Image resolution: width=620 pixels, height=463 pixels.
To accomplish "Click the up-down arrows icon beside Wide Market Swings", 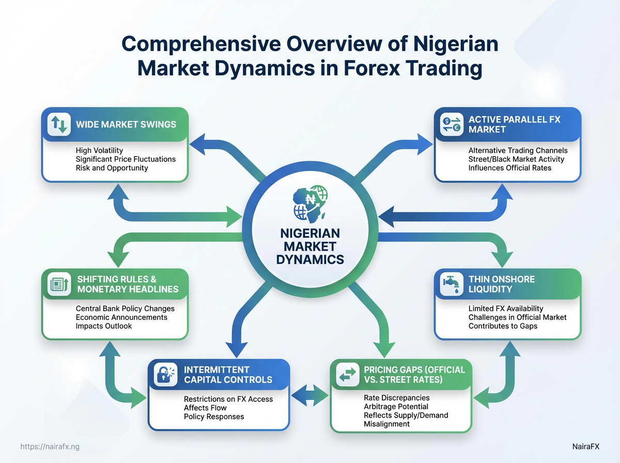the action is [59, 125].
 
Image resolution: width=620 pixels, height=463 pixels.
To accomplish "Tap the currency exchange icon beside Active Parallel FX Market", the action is [452, 125].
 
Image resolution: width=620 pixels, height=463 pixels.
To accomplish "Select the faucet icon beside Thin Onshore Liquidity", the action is [452, 284].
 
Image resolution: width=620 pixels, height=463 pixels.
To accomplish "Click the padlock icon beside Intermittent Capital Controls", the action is [165, 374].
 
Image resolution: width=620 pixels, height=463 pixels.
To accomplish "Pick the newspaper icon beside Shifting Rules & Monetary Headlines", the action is [59, 284].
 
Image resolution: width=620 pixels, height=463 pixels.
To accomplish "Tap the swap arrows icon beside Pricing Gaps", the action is [348, 374].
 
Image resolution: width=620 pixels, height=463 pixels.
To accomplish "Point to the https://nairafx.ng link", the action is [50, 446].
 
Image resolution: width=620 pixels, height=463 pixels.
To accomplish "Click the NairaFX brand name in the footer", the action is [585, 446].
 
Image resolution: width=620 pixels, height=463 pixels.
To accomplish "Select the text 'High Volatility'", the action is [99, 150].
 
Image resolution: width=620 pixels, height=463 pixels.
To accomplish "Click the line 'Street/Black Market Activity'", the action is [516, 159].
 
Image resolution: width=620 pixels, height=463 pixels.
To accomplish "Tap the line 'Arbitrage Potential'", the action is [396, 407].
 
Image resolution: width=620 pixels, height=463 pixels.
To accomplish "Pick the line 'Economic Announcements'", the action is [121, 317].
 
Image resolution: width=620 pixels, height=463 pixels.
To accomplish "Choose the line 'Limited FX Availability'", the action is [506, 308].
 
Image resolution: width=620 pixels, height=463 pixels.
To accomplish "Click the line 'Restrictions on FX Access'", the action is [228, 399].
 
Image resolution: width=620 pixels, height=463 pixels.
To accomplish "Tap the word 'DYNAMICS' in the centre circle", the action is [310, 259].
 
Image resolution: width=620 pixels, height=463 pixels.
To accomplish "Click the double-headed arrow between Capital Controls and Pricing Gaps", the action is [310, 395].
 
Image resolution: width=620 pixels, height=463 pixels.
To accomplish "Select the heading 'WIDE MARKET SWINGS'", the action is [126, 125].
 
